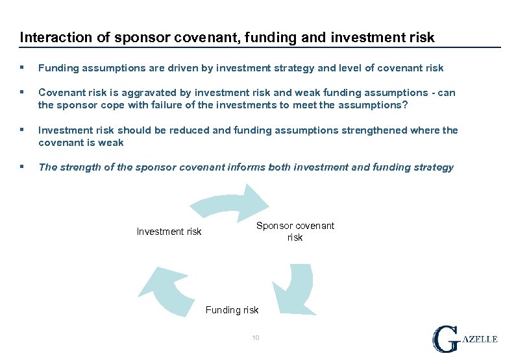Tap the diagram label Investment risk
coord(169,232)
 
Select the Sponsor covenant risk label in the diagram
coord(295,232)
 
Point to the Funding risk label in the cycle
coord(232,310)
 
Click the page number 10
coord(256,337)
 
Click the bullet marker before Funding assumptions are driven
coord(23,68)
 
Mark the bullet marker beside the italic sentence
coord(23,167)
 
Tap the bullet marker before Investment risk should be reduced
coord(23,130)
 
